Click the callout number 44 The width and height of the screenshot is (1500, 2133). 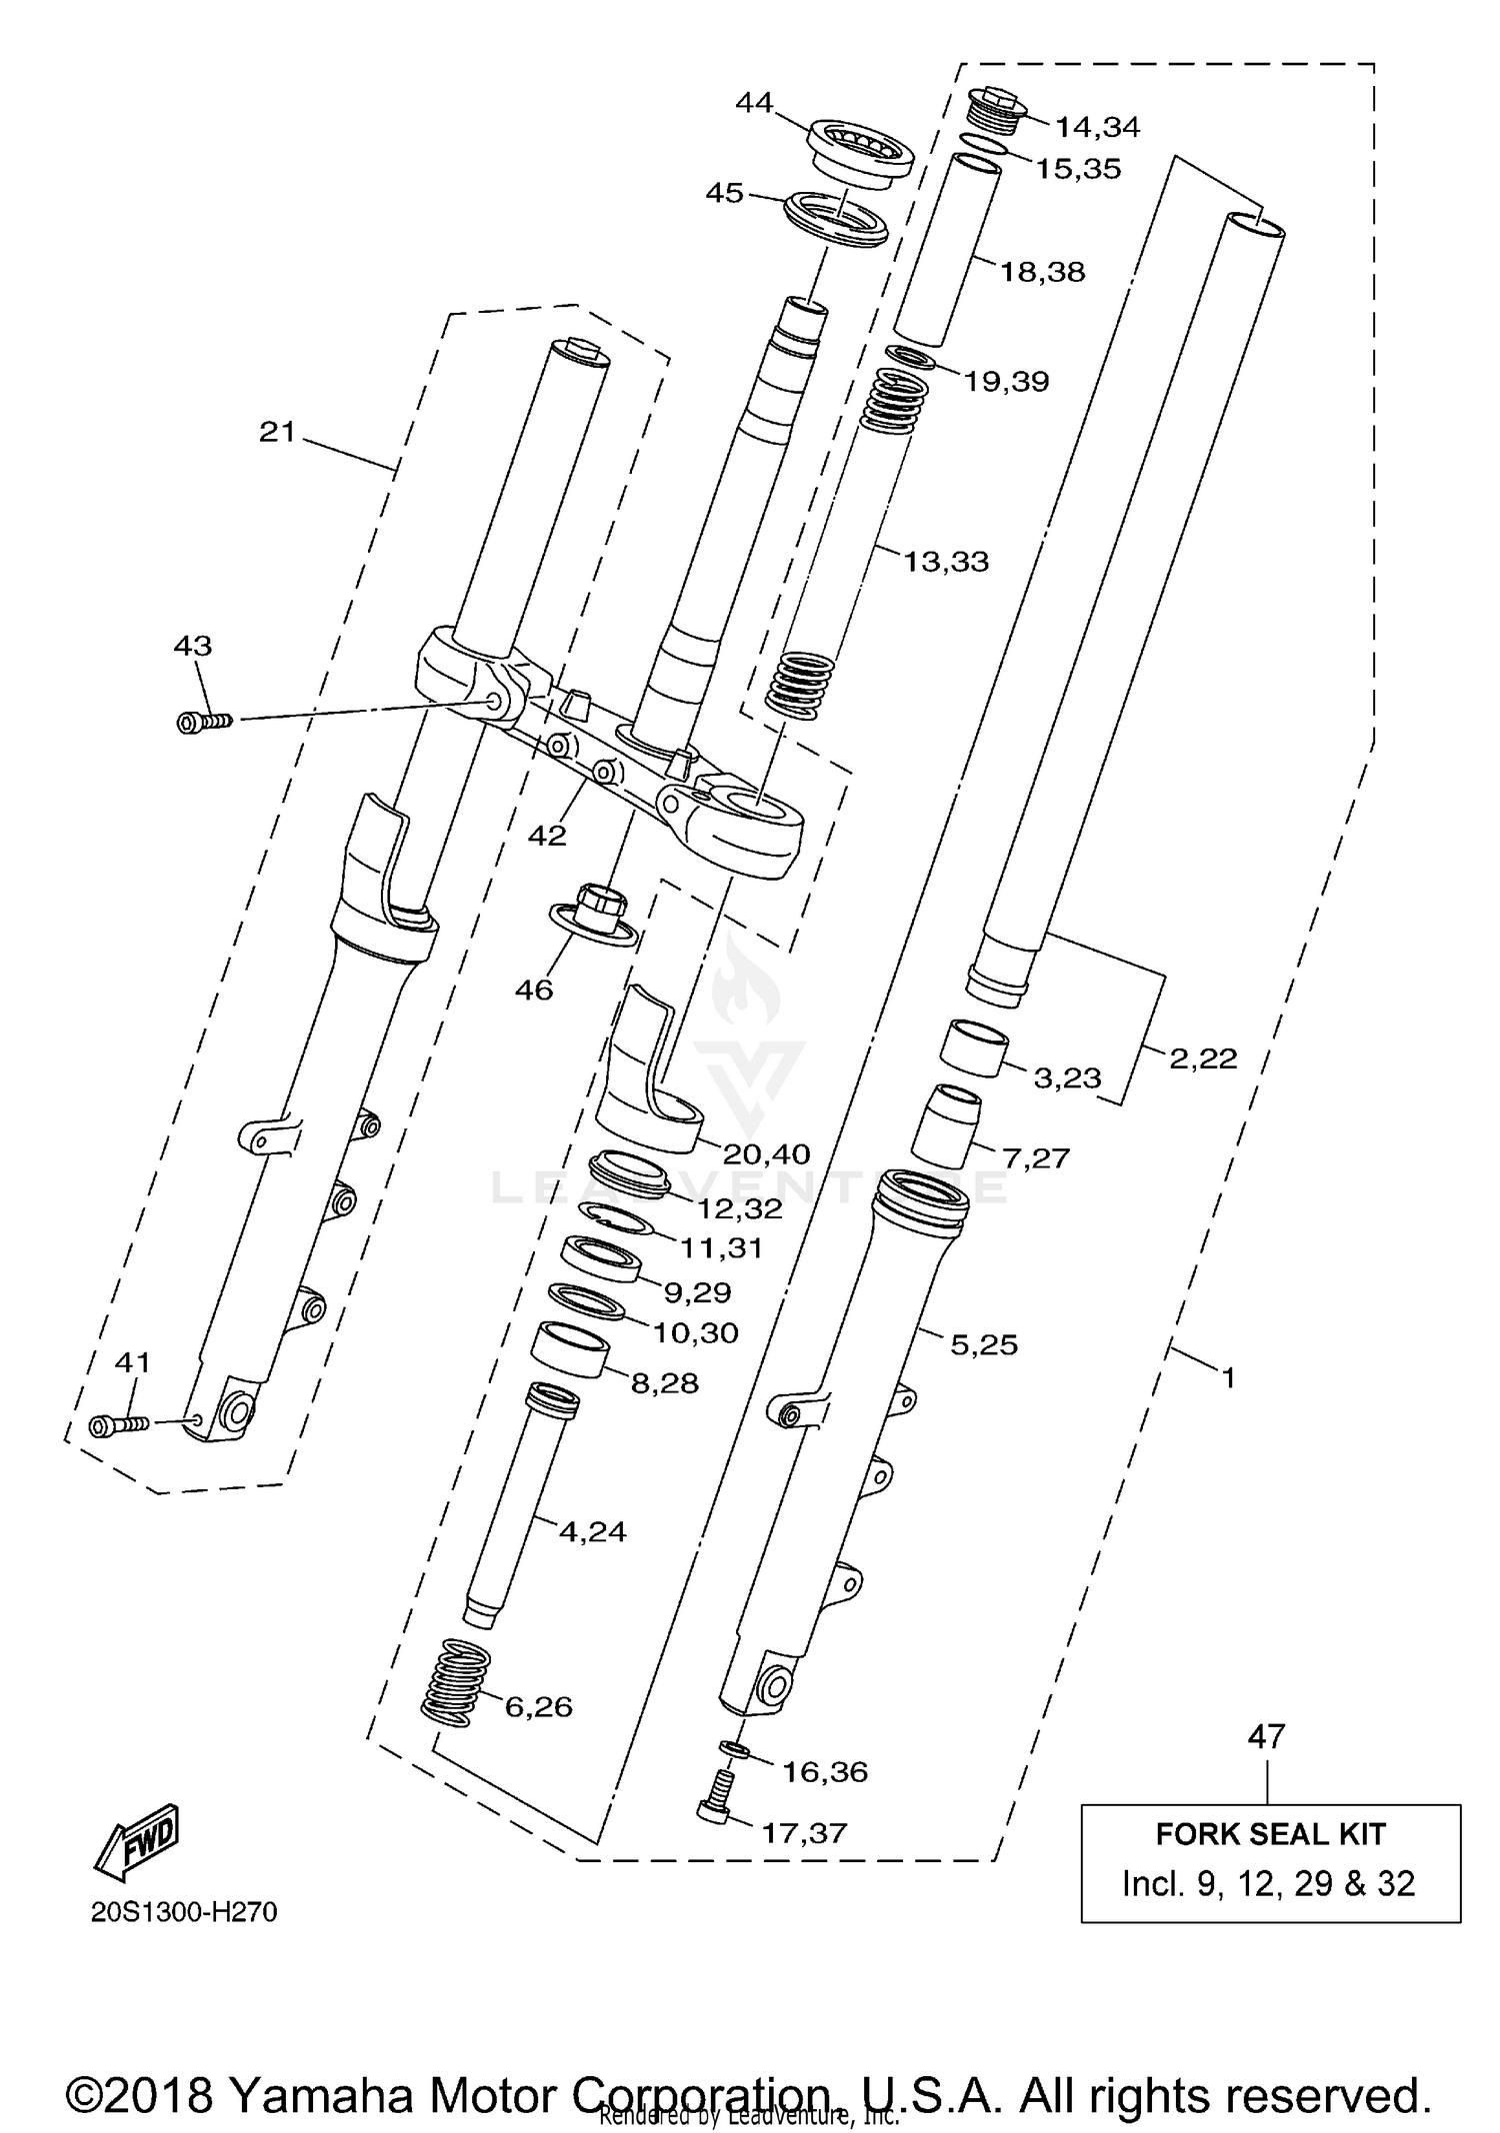pos(754,102)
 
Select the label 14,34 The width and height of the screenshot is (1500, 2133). pos(1097,127)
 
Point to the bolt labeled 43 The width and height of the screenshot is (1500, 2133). pos(203,721)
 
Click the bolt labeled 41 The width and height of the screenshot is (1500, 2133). pos(117,1425)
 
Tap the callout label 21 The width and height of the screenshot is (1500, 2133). pos(277,432)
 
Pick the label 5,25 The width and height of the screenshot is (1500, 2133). pos(983,1344)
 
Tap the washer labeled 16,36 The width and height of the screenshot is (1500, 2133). pos(735,1749)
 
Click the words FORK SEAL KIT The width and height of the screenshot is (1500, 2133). pos(1270,1834)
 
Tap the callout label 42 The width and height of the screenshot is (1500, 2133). pos(547,835)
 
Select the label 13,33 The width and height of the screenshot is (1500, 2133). pos(945,561)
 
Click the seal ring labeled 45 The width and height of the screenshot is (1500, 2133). pos(836,221)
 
